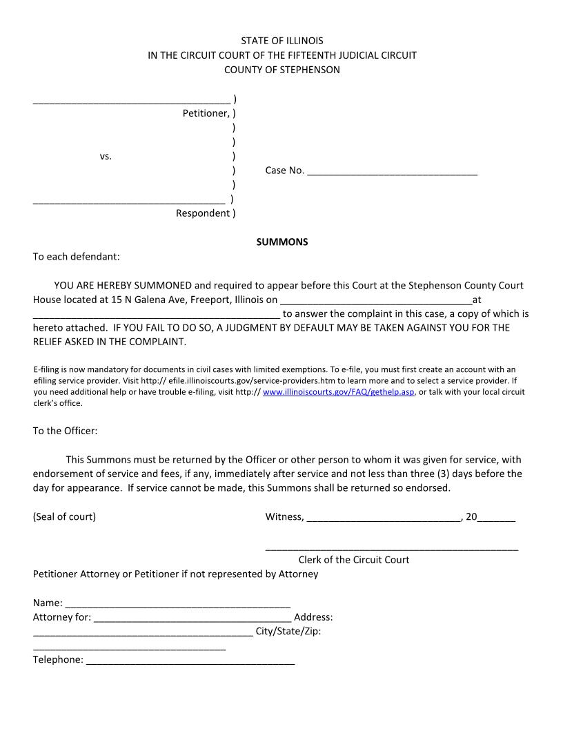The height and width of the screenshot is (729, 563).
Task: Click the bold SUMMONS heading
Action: click(282, 242)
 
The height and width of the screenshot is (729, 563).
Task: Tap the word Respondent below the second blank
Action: click(202, 213)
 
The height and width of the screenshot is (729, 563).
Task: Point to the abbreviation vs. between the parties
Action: click(106, 157)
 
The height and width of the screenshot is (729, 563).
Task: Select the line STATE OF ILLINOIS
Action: click(281, 41)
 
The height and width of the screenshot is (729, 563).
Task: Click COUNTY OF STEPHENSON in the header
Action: click(281, 70)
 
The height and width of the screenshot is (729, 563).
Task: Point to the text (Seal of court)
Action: click(64, 517)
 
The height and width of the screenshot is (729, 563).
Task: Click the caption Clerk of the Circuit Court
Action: click(353, 560)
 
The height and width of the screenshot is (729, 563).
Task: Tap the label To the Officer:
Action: click(66, 431)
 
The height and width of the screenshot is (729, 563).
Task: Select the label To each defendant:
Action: click(77, 257)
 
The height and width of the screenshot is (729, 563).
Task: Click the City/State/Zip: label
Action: click(288, 631)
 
